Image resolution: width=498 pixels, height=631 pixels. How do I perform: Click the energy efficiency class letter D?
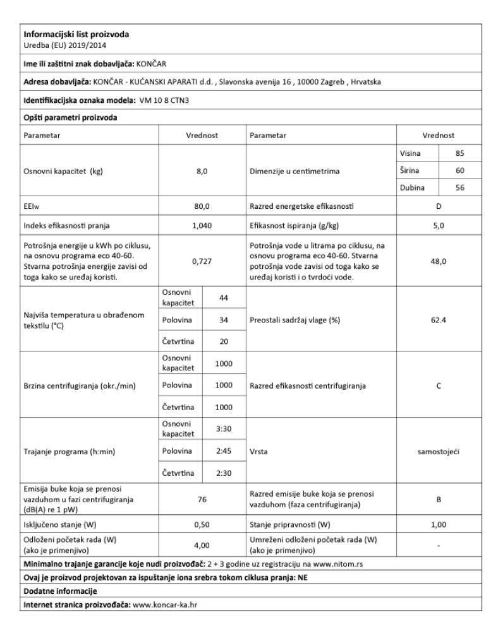tap(439, 205)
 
